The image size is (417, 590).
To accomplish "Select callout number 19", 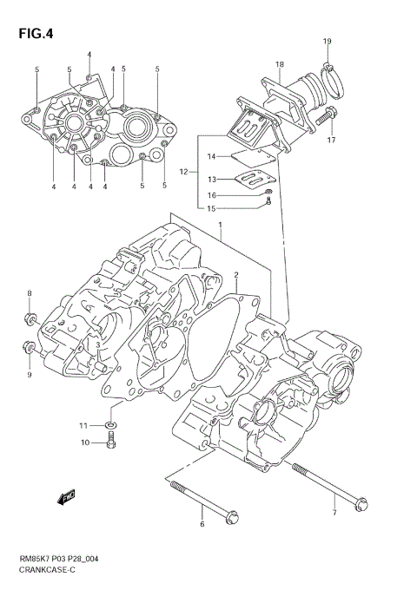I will tap(328, 42).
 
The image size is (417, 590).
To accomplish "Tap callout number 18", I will tap(280, 64).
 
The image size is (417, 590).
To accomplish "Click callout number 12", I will tap(183, 173).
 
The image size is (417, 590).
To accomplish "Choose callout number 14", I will tap(210, 157).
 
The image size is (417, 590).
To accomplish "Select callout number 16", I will tap(210, 195).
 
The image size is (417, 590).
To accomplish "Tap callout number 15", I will tap(210, 208).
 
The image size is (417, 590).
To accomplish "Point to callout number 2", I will tap(235, 275).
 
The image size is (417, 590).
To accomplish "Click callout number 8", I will tap(29, 293).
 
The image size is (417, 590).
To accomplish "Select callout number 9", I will tap(29, 374).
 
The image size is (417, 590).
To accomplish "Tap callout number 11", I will tap(85, 425).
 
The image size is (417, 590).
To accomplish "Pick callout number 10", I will tap(85, 443).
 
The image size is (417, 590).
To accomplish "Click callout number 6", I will tap(202, 525).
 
